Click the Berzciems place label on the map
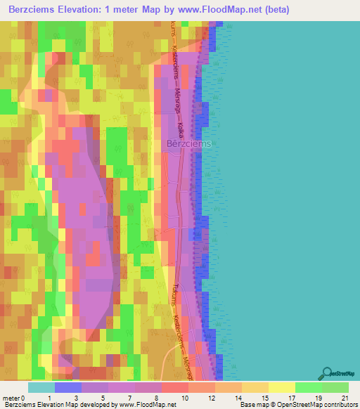189,143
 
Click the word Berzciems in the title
34,10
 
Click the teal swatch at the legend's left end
41,388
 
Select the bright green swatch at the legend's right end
335,388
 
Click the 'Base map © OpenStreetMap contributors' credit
298,405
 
